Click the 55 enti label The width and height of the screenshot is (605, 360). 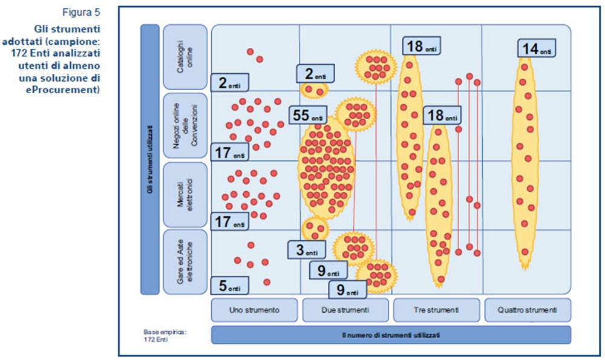(307, 114)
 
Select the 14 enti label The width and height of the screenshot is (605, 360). (537, 49)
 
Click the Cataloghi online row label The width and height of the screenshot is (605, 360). (185, 57)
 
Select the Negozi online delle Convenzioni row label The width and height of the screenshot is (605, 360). (185, 126)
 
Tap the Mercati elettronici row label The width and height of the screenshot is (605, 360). (185, 195)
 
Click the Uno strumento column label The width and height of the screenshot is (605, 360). (254, 310)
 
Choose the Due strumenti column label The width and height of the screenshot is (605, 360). (345, 310)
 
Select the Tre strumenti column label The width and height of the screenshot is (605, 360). (436, 310)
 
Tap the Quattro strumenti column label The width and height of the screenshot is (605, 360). (528, 310)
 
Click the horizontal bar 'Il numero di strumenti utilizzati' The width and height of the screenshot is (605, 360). (391, 335)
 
